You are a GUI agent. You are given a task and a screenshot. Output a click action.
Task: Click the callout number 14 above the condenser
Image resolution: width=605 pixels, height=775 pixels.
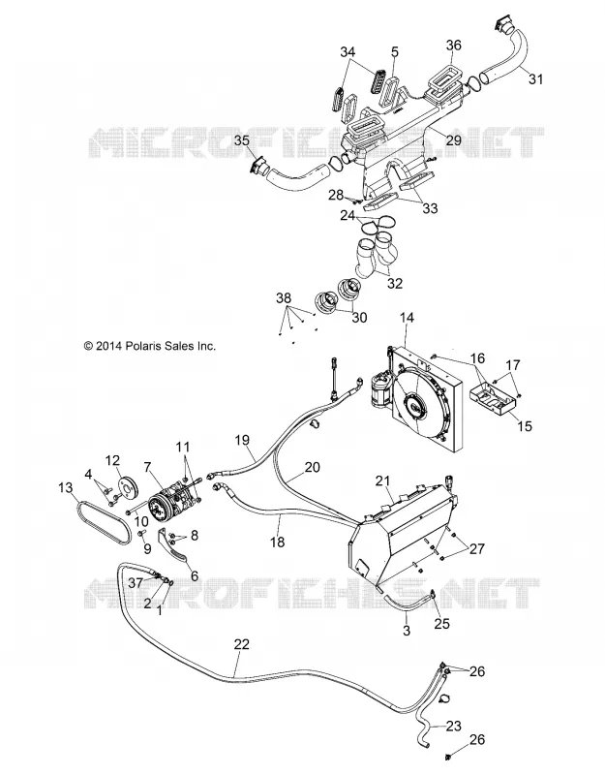(407, 318)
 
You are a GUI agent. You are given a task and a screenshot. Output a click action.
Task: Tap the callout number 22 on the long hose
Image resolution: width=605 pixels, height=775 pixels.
(241, 644)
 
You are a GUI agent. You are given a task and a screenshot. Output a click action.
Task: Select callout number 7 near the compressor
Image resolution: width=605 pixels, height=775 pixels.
(147, 466)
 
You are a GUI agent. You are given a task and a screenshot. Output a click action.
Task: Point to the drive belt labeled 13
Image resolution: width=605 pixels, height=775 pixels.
(105, 522)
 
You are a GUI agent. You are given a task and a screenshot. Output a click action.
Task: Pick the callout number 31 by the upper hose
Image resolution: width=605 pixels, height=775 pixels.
(535, 78)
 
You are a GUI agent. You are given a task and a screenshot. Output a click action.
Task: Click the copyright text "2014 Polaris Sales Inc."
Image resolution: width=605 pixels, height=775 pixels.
(156, 346)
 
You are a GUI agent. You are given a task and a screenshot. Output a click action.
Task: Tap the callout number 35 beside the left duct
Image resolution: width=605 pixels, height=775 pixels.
(241, 140)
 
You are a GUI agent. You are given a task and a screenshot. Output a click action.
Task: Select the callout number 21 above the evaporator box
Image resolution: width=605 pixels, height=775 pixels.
(382, 480)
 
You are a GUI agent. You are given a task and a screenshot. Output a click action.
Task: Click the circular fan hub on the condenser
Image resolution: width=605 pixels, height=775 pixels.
(413, 407)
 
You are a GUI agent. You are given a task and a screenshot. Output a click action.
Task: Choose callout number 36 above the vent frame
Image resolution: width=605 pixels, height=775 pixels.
(453, 45)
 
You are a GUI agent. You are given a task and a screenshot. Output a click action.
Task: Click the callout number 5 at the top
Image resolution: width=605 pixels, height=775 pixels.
(395, 52)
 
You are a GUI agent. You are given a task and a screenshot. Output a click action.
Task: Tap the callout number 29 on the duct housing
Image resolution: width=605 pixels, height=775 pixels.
(453, 139)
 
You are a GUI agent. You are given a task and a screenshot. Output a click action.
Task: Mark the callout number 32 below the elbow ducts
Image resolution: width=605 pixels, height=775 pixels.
(395, 284)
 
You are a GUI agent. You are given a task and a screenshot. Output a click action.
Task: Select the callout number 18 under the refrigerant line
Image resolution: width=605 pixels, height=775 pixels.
(278, 542)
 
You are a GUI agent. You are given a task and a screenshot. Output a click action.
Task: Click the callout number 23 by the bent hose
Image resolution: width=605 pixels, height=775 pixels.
(453, 726)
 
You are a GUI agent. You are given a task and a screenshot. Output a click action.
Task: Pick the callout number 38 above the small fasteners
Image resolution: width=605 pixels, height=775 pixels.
(284, 298)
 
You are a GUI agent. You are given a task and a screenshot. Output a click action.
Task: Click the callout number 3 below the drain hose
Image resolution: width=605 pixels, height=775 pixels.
(407, 631)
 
